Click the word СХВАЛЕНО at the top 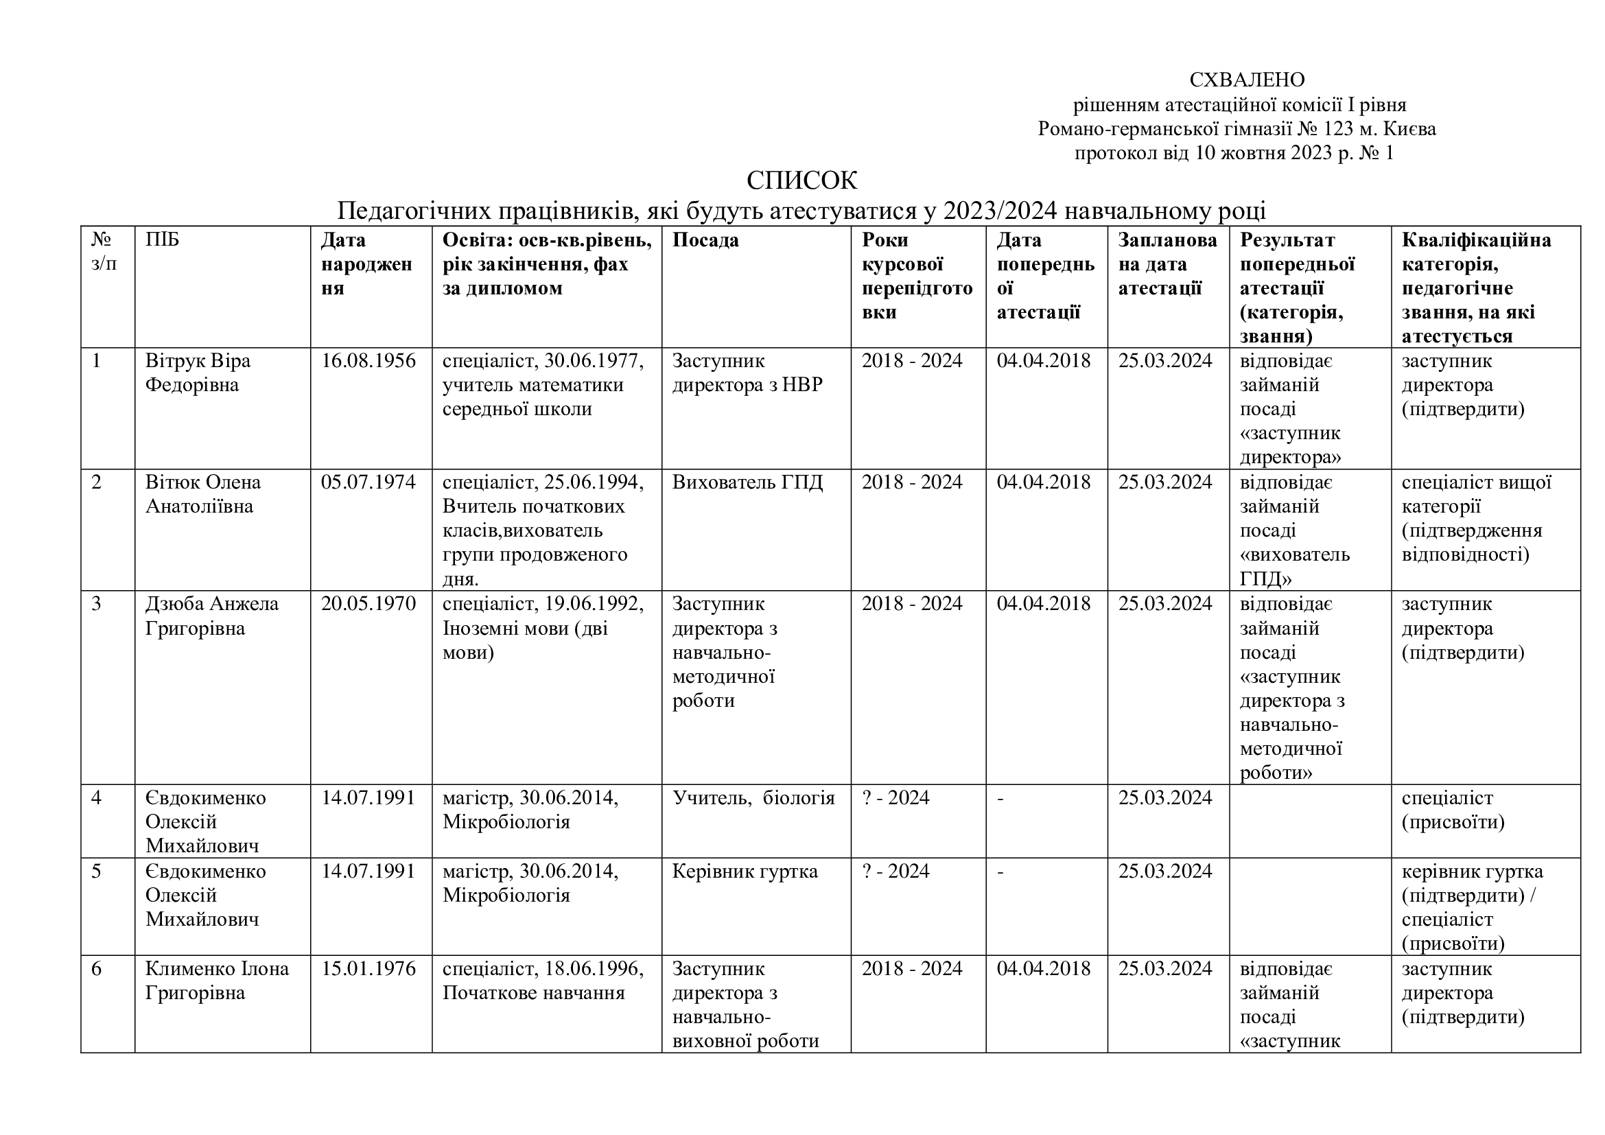click(x=1246, y=80)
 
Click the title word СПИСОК click(x=801, y=180)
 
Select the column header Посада click(x=705, y=240)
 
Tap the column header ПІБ click(x=162, y=240)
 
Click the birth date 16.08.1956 click(x=368, y=361)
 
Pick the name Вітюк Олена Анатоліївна click(x=202, y=494)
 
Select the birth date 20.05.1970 click(x=368, y=604)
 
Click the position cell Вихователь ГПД click(x=747, y=482)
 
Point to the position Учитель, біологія click(x=753, y=797)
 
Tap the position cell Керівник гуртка click(x=745, y=871)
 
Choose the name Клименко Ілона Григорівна click(x=217, y=981)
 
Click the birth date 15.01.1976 click(x=368, y=969)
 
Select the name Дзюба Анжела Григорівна click(x=211, y=616)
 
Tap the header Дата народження click(x=366, y=264)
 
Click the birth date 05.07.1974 click(x=368, y=482)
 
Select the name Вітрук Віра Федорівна click(x=197, y=373)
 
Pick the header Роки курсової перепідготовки click(x=917, y=276)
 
